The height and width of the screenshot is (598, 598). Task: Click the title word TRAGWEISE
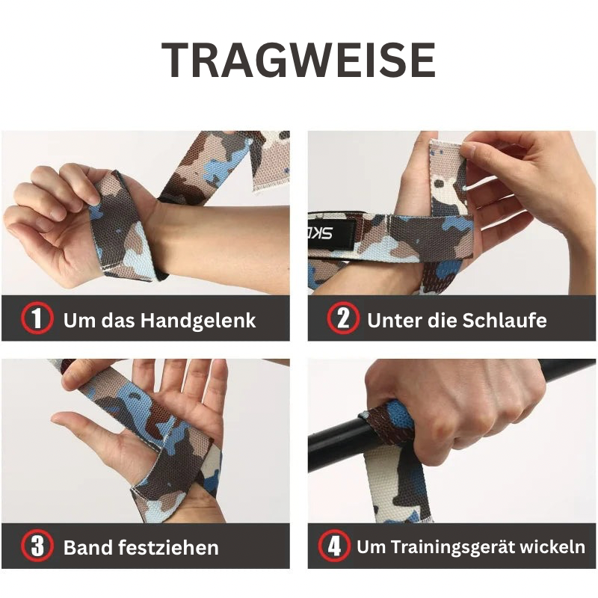click(x=299, y=61)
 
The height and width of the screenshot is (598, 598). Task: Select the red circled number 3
click(x=37, y=546)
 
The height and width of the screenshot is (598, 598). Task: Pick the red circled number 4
click(x=333, y=546)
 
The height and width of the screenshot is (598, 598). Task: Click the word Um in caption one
click(x=76, y=321)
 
